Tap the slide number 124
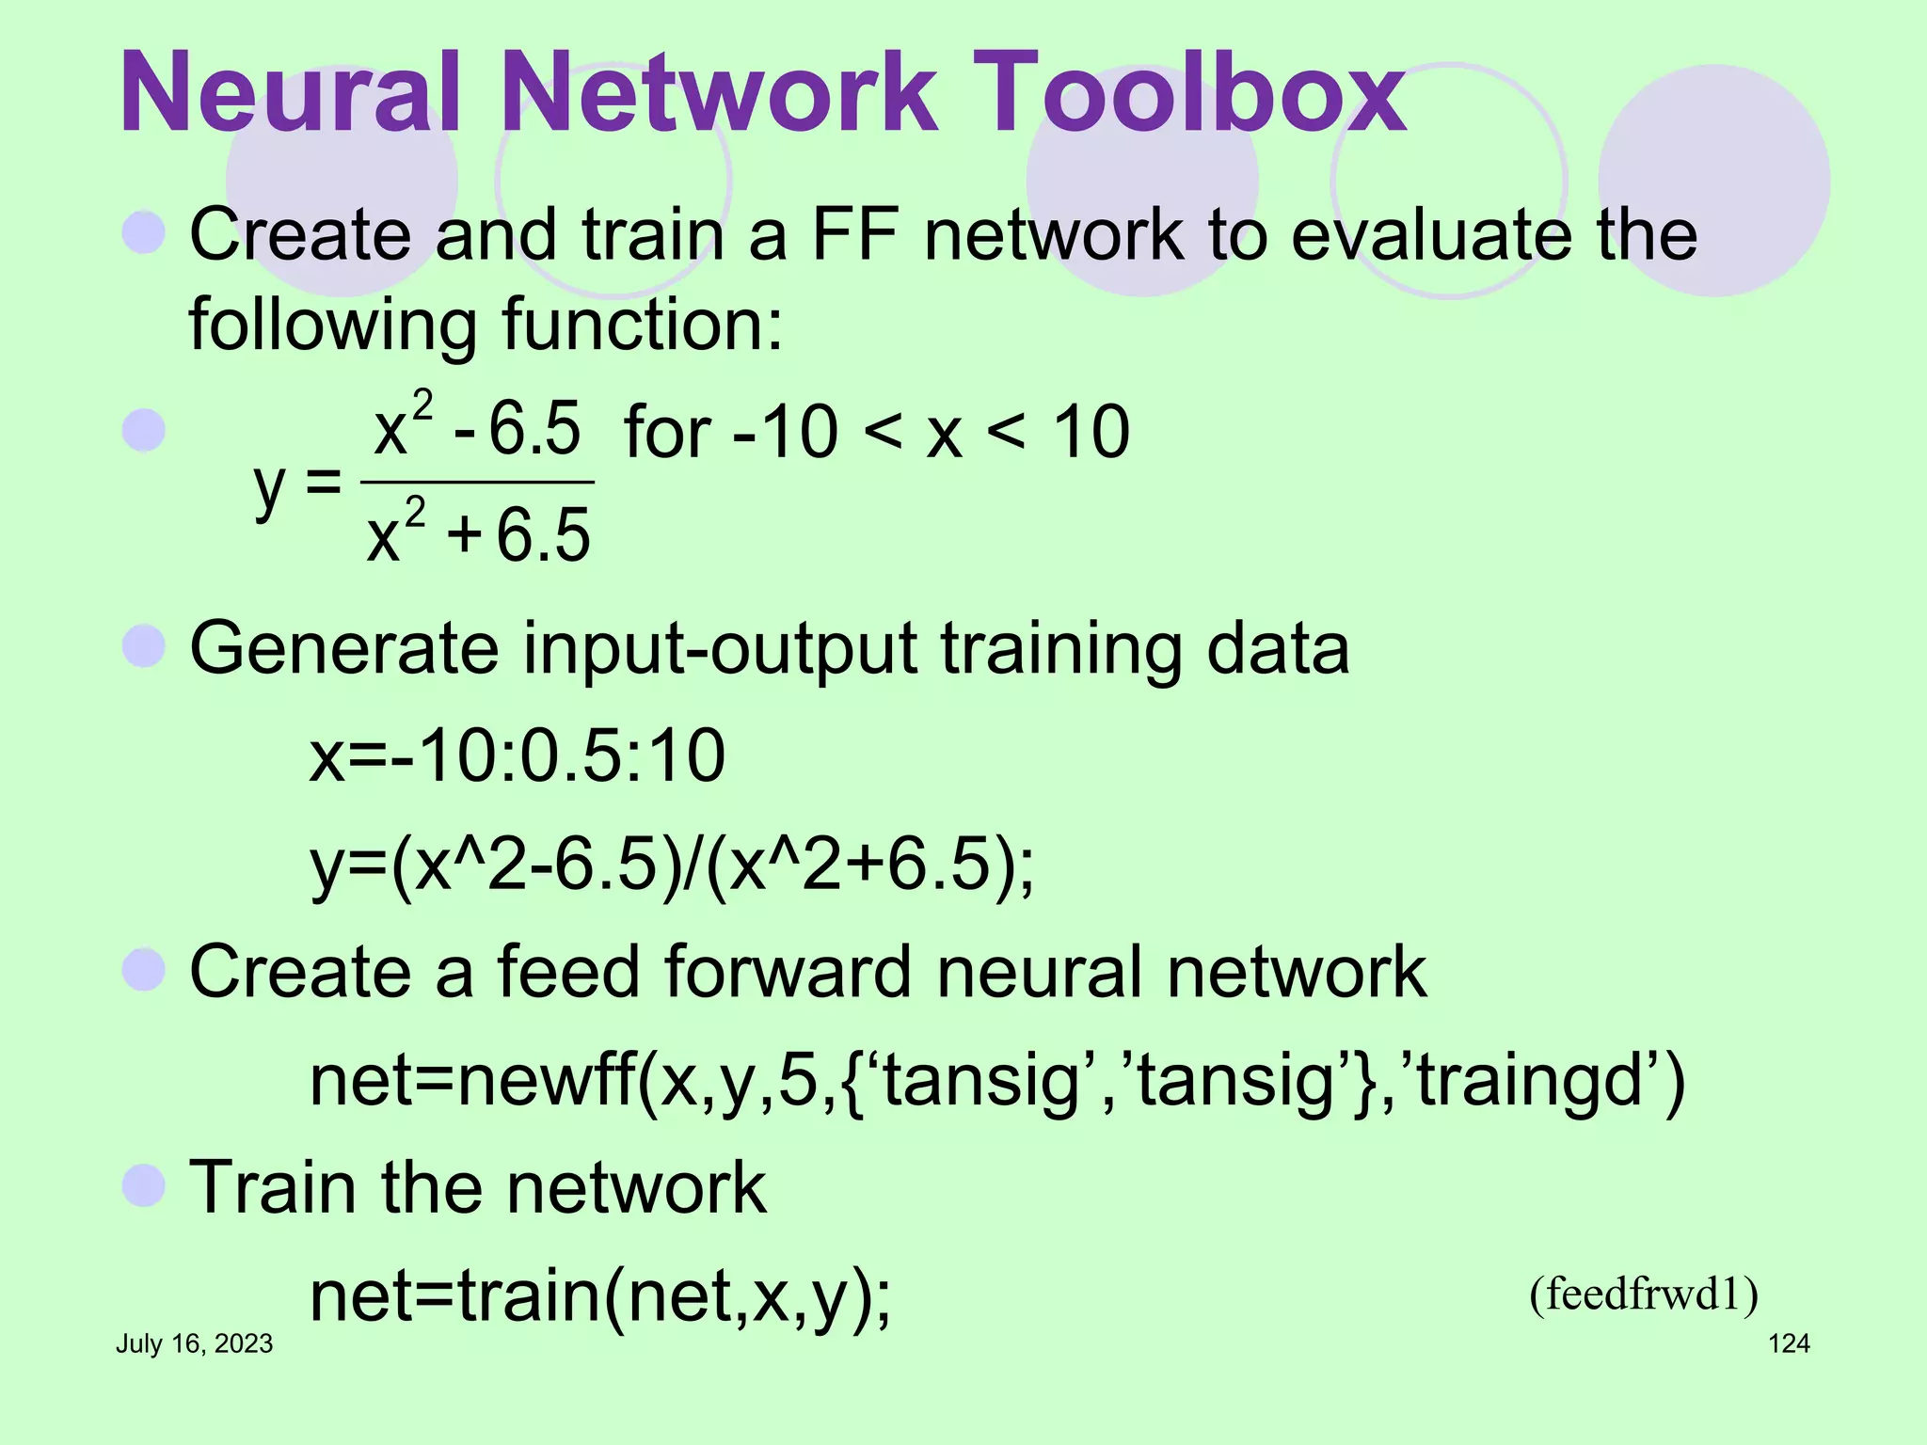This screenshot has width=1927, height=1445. [1789, 1343]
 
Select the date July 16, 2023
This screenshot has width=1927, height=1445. [194, 1343]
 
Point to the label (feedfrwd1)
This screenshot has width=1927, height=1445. [1643, 1294]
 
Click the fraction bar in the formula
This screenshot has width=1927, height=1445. [477, 483]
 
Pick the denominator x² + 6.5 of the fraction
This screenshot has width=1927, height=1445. [478, 534]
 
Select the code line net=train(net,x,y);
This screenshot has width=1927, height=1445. [600, 1296]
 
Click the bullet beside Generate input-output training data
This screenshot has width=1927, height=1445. [144, 646]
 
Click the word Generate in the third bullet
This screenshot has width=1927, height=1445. [344, 648]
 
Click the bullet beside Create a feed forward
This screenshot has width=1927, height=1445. [144, 970]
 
